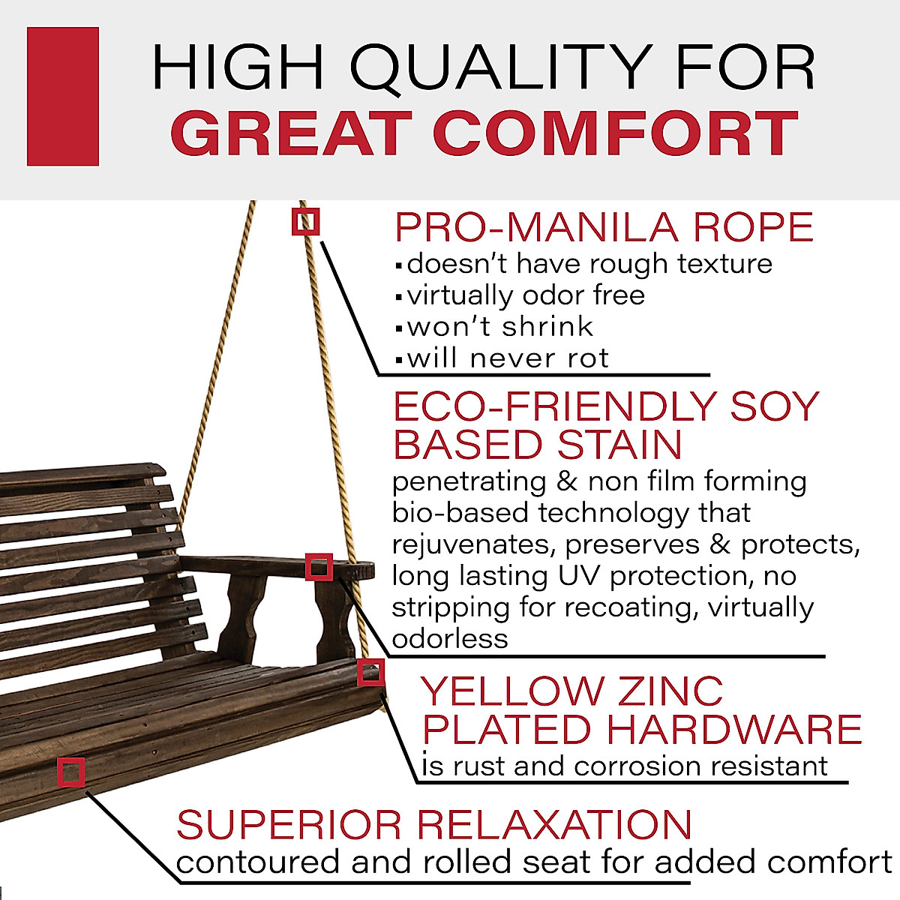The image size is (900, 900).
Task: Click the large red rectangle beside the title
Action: [63, 96]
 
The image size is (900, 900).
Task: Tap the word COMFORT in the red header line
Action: [615, 133]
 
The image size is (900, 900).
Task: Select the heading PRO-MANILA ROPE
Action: [604, 227]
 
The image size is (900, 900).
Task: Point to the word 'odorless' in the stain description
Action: [450, 639]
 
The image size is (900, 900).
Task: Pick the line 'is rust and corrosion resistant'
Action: [625, 766]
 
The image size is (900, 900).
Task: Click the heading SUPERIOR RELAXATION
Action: [434, 825]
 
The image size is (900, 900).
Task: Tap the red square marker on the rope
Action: [306, 222]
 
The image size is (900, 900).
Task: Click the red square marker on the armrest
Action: [319, 567]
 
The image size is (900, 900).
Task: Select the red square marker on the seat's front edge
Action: [71, 772]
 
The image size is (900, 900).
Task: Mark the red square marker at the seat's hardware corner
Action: [370, 673]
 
